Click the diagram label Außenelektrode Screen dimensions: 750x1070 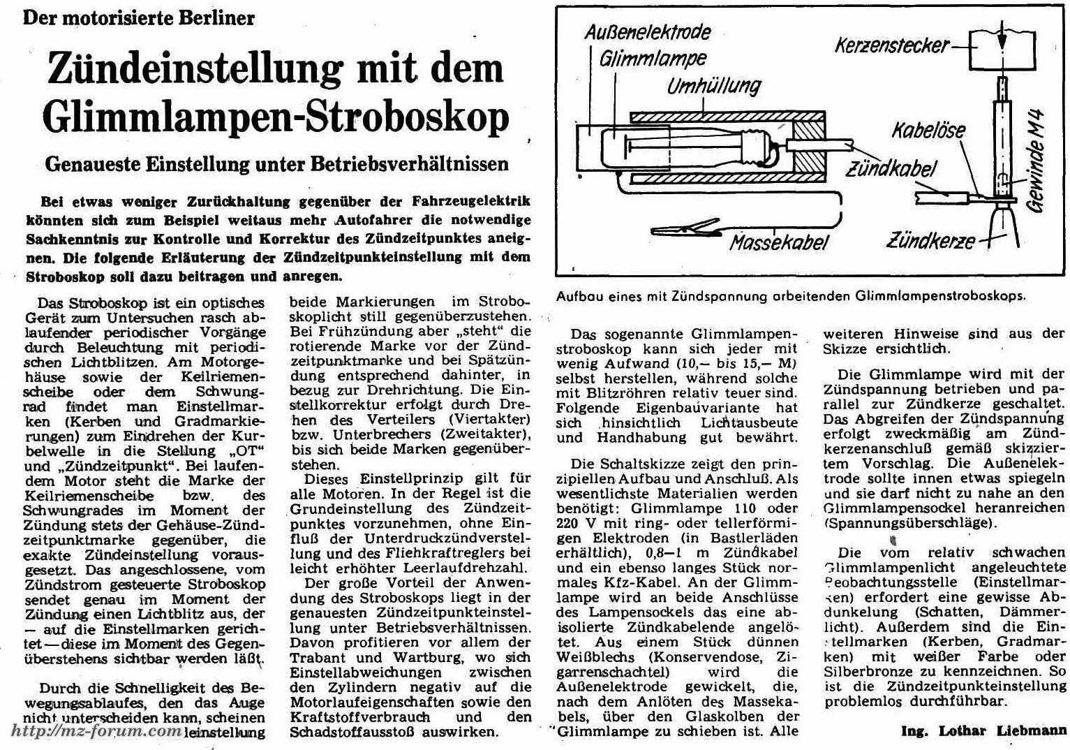click(x=648, y=32)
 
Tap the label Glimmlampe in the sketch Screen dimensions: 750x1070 click(x=653, y=59)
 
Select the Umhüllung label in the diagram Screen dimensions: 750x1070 click(x=713, y=87)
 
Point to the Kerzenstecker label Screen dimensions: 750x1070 click(x=892, y=46)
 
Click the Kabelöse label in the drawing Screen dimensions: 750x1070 click(x=928, y=131)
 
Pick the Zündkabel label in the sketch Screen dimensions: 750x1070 click(x=891, y=168)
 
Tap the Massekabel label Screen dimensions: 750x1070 click(x=779, y=242)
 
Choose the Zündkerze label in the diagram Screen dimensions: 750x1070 click(x=931, y=242)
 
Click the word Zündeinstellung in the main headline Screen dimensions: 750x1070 click(x=195, y=68)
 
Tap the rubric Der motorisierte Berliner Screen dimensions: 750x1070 click(x=139, y=17)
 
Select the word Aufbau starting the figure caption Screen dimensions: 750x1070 click(x=579, y=295)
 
